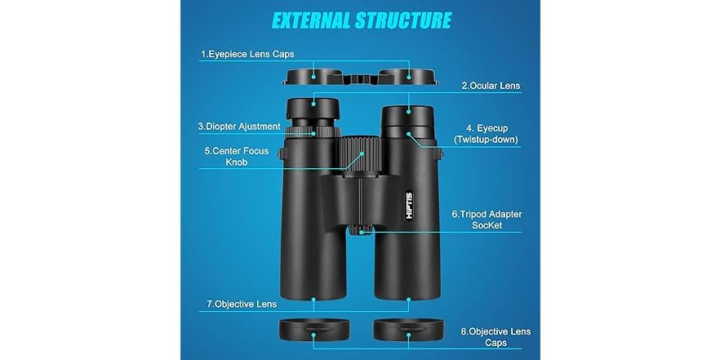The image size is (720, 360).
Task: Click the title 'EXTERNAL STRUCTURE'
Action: coord(361,20)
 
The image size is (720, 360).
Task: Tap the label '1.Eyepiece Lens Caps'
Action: coord(247,55)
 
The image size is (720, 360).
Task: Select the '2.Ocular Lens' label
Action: coord(491,85)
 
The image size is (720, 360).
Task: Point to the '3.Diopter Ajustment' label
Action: coord(239,127)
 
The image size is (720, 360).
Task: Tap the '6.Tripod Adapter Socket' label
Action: coord(487,220)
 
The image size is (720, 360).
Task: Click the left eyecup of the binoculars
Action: coord(314,109)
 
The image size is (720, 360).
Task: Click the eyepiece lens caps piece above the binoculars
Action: coord(360,78)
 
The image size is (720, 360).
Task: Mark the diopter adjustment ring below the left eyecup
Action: coord(314,131)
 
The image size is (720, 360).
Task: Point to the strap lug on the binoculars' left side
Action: coord(282,153)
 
